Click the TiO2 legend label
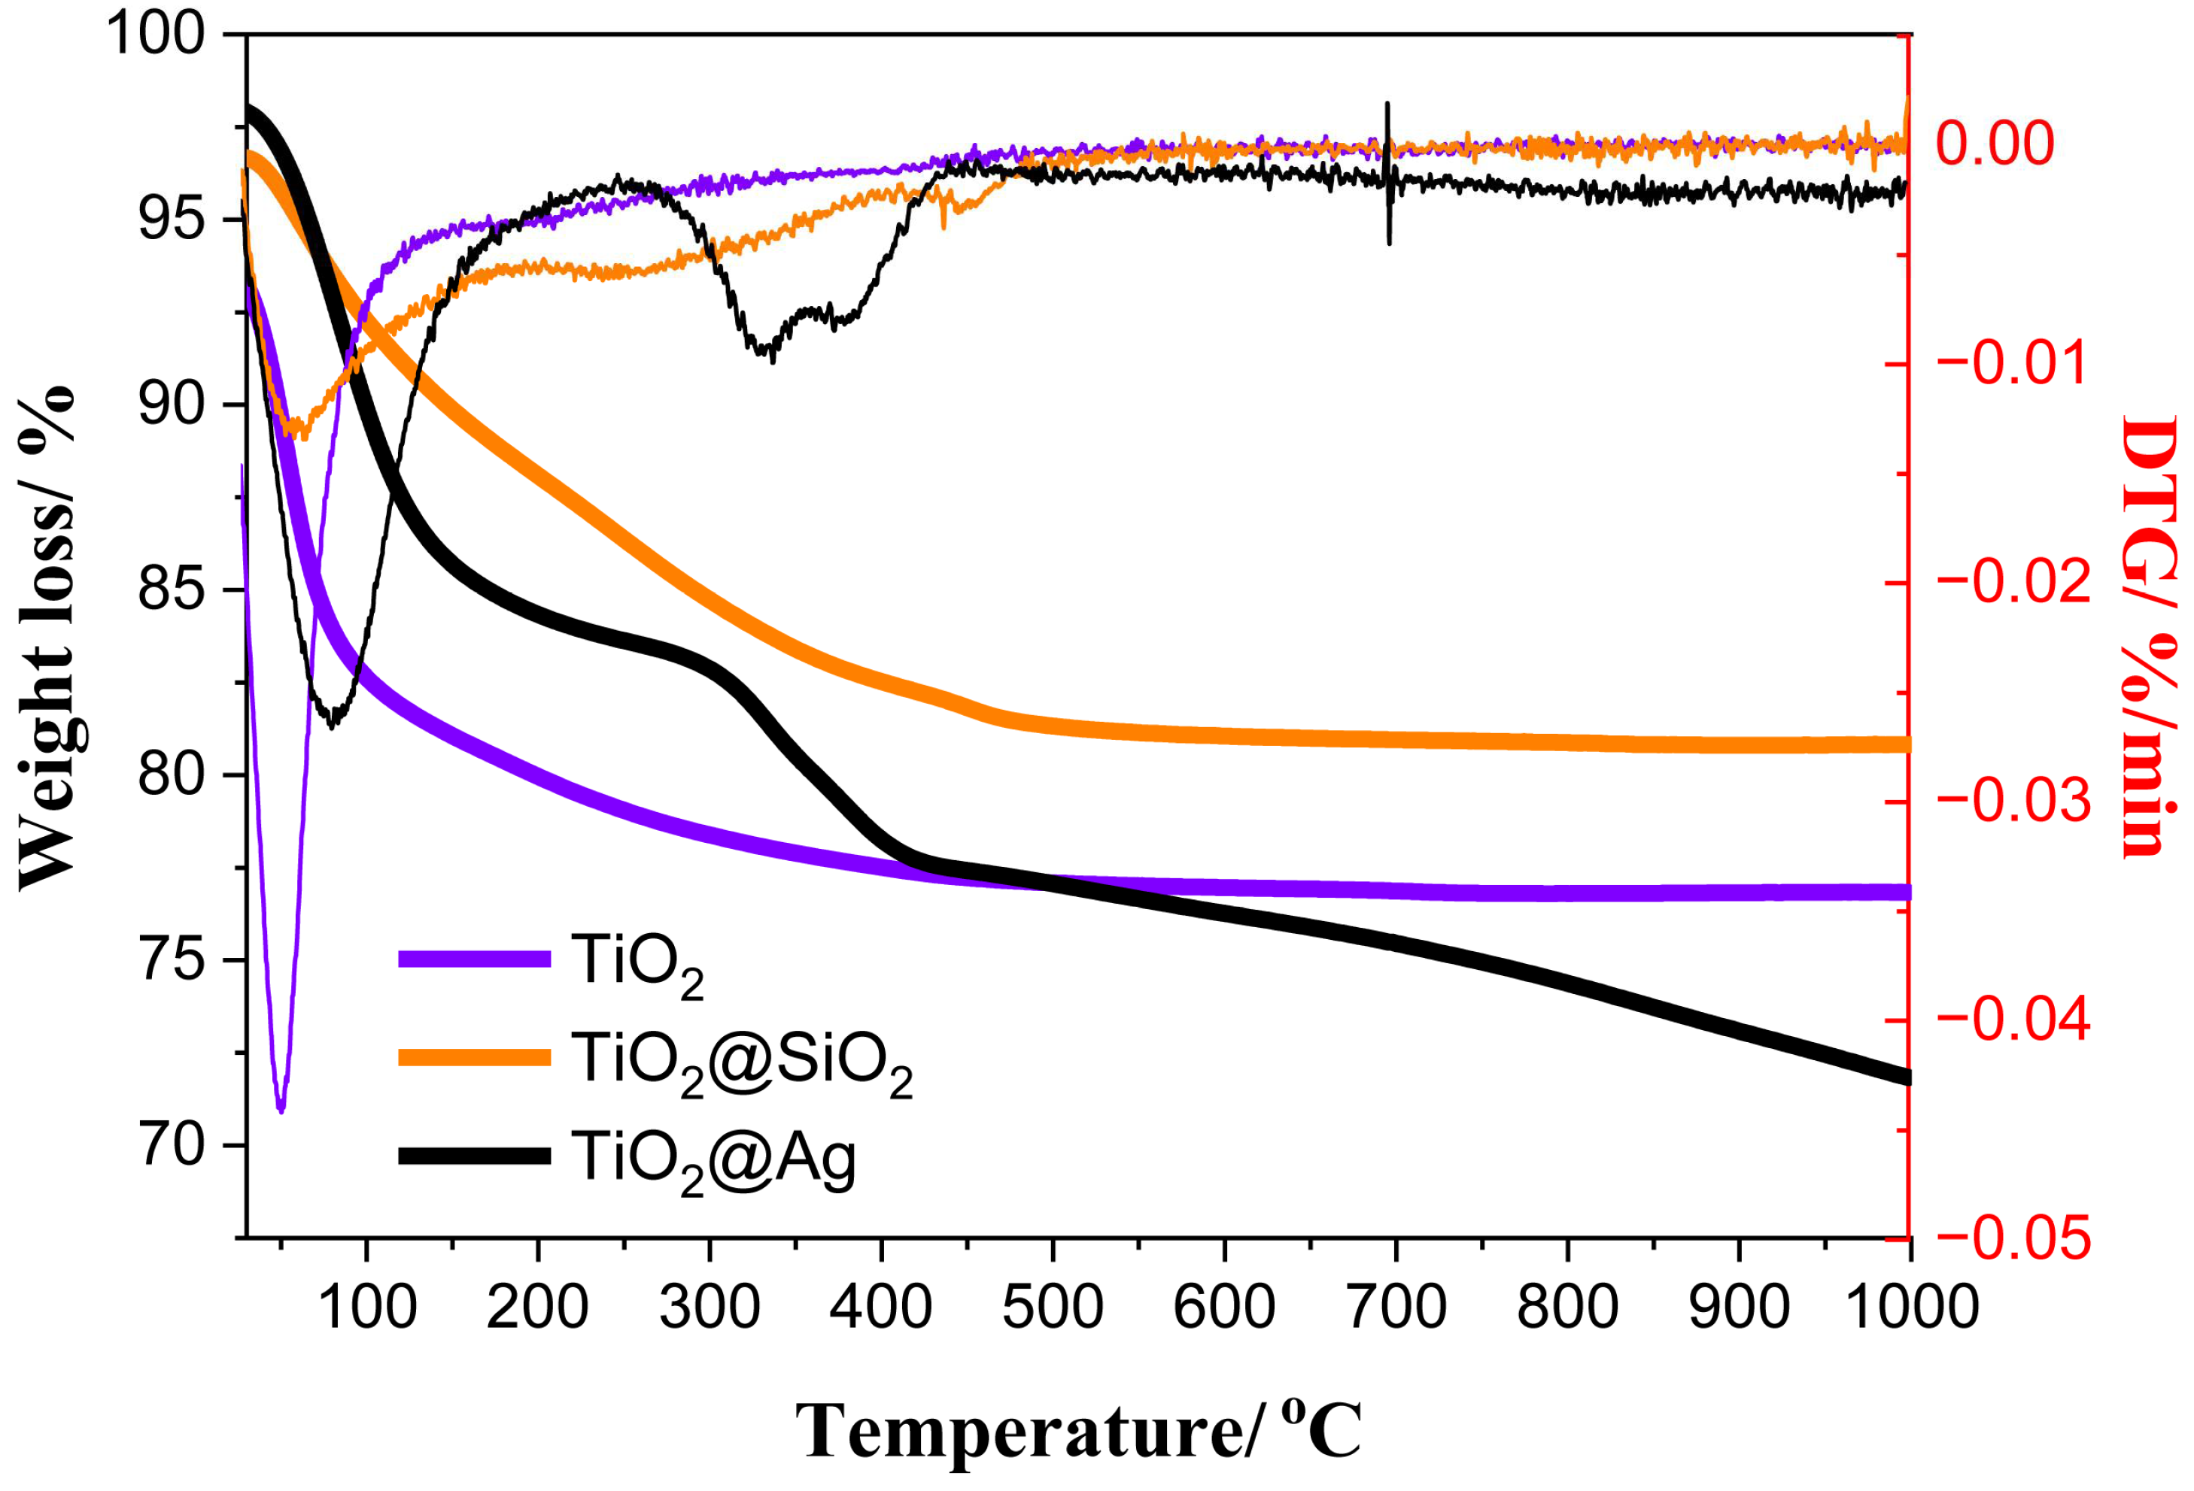tap(637, 965)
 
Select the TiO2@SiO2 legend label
tap(741, 1063)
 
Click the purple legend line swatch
tap(474, 959)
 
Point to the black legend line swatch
tap(474, 1156)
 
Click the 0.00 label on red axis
tap(1995, 144)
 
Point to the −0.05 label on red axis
tap(2012, 1239)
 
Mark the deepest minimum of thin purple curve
tap(281, 1110)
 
